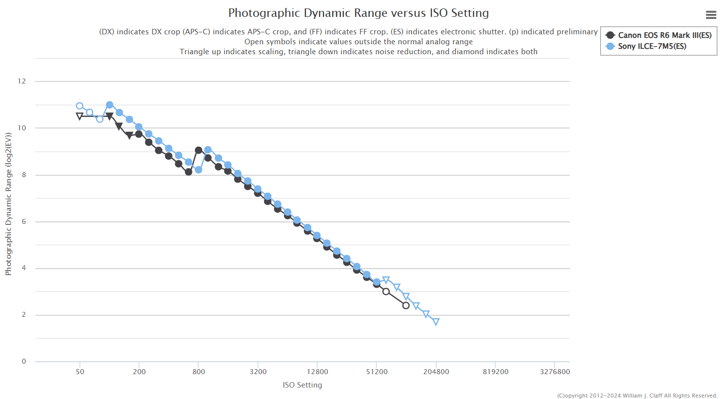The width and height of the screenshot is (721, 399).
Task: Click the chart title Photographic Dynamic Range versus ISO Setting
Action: [x=358, y=13]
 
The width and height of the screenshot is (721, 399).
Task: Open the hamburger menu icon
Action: [x=711, y=15]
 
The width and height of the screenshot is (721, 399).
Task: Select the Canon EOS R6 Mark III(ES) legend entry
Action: [x=658, y=35]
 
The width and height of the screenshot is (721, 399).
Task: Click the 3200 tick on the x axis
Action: [x=258, y=372]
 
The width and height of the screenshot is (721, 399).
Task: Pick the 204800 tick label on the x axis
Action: [x=436, y=372]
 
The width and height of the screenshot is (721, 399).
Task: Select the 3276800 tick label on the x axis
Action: [x=555, y=372]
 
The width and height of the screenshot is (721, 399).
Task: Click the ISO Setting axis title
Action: [x=302, y=385]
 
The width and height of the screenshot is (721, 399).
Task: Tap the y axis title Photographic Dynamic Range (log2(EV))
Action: [x=8, y=204]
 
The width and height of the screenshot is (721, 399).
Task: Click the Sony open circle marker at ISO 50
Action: [x=80, y=106]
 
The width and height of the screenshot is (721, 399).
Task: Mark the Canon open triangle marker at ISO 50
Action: [x=80, y=116]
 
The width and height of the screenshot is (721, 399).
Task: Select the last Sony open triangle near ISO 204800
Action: [x=436, y=322]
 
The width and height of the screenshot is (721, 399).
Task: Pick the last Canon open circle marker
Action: [x=406, y=305]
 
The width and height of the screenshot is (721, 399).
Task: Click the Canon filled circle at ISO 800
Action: [x=198, y=150]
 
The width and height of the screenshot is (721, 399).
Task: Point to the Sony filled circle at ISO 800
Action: [x=198, y=170]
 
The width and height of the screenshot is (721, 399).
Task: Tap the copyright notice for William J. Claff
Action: [x=637, y=396]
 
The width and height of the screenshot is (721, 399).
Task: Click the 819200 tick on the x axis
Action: [x=495, y=372]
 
